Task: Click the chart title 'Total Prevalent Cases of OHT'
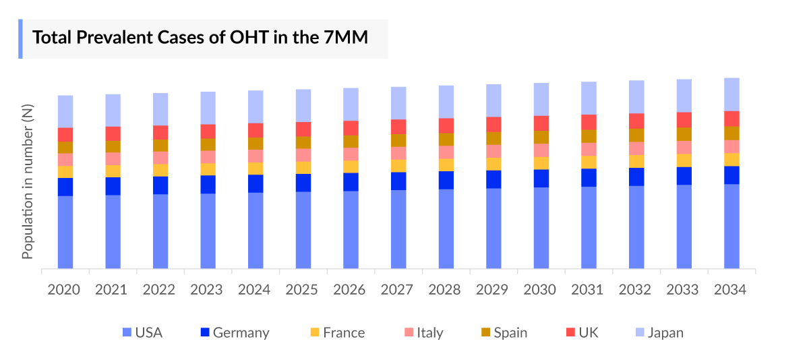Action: [x=200, y=38]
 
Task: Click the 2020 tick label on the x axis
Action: [x=64, y=290]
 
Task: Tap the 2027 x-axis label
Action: [x=397, y=290]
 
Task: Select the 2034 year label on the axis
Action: [x=730, y=290]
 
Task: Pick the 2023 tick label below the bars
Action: [x=207, y=290]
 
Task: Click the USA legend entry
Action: [x=142, y=332]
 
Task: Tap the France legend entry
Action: [x=337, y=332]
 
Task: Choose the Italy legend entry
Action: [x=423, y=332]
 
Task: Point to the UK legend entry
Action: [x=582, y=332]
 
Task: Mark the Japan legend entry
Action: [x=659, y=332]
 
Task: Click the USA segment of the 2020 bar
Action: [x=65, y=232]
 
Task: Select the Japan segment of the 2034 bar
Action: [x=731, y=94]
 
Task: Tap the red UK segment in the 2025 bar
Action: [x=303, y=129]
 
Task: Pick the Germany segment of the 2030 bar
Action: [x=541, y=178]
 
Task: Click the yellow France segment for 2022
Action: [x=160, y=170]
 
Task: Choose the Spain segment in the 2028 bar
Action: [x=446, y=139]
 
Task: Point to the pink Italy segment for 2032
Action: [x=636, y=148]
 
